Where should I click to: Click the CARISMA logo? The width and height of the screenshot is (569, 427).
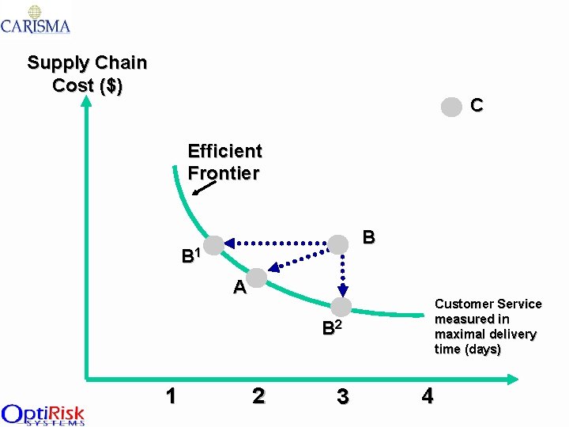[x=36, y=19]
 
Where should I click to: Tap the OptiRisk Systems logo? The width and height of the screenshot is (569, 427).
[x=43, y=414]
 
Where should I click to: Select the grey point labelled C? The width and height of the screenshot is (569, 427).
[x=450, y=107]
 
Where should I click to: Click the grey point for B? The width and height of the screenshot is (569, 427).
[x=338, y=244]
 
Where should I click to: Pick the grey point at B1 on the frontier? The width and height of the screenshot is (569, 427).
[x=214, y=244]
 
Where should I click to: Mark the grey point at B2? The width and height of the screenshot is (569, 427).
[x=341, y=306]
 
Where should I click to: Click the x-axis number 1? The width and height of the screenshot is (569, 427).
[x=171, y=395]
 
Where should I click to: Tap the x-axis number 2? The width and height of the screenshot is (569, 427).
[x=258, y=395]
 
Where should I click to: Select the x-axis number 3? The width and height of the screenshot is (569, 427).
[x=342, y=396]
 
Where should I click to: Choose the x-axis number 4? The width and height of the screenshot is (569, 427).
[x=428, y=395]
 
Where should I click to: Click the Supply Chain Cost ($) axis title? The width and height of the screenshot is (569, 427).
[x=87, y=74]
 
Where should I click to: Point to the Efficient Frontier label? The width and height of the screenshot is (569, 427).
[x=224, y=161]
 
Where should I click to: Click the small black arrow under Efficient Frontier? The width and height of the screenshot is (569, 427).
[x=204, y=187]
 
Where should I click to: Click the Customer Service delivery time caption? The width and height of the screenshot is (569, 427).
[x=488, y=326]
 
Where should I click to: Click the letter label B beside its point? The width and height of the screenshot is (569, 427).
[x=368, y=236]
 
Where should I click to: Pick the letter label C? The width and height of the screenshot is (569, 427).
[x=477, y=105]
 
